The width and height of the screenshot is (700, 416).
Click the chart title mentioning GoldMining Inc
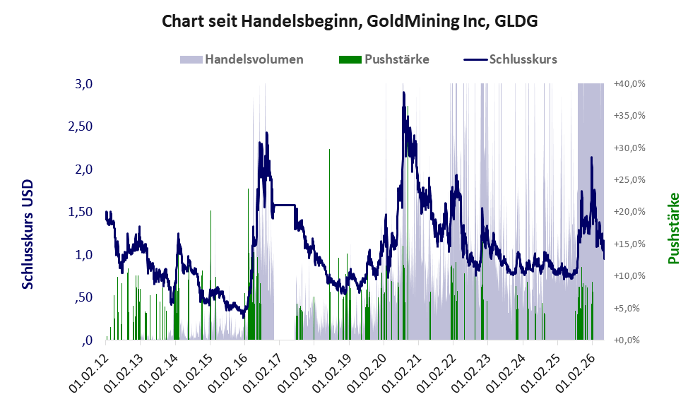pyautogui.click(x=350, y=21)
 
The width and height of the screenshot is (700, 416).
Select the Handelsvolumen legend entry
pyautogui.click(x=242, y=59)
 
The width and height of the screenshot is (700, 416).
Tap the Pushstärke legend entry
pyautogui.click(x=384, y=59)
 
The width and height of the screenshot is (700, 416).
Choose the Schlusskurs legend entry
pyautogui.click(x=510, y=59)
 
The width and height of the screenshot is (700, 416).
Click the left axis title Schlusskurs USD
pyautogui.click(x=28, y=234)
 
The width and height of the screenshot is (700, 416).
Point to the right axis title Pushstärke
pyautogui.click(x=673, y=228)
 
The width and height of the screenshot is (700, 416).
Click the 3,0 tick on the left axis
pyautogui.click(x=83, y=84)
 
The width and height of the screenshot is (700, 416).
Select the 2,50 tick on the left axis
pyautogui.click(x=81, y=126)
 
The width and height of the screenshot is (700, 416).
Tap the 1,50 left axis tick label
pyautogui.click(x=81, y=212)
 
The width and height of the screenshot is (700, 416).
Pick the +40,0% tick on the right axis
pyautogui.click(x=629, y=84)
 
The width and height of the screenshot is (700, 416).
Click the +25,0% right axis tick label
pyautogui.click(x=629, y=180)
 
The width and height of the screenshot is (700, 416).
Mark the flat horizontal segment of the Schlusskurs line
pyautogui.click(x=285, y=205)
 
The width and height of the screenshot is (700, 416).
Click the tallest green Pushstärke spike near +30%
pyautogui.click(x=329, y=244)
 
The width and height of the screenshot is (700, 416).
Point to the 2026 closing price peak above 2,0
pyautogui.click(x=591, y=158)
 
